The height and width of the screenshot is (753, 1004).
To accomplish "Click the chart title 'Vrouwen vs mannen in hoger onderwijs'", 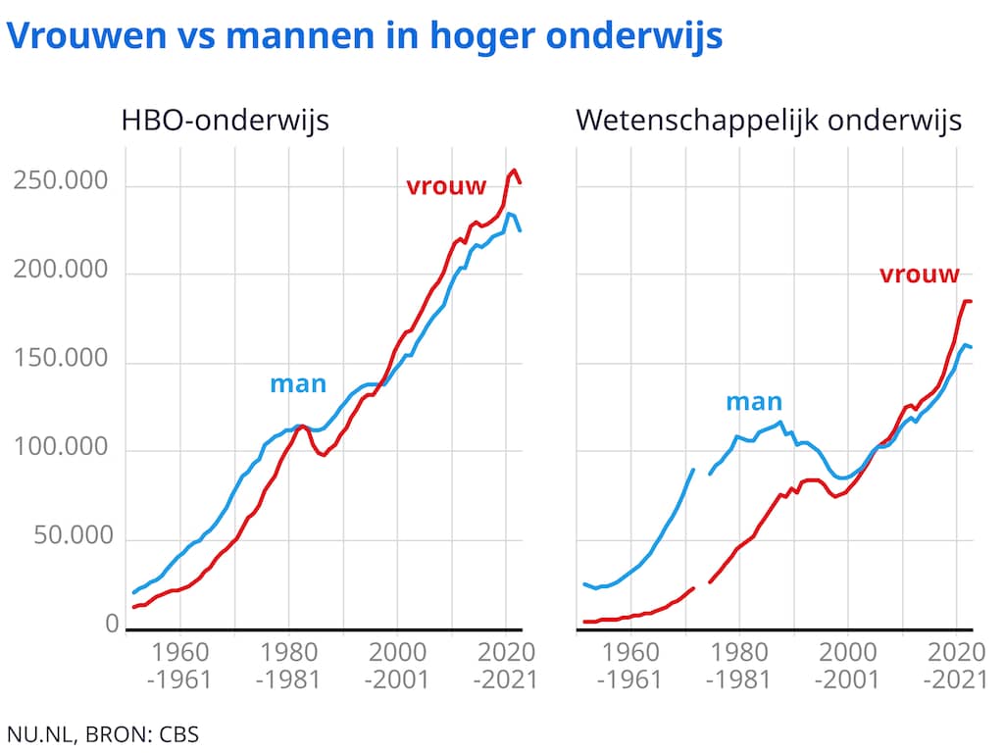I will pyautogui.click(x=365, y=36).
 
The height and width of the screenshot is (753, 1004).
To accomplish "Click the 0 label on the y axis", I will pyautogui.click(x=112, y=624).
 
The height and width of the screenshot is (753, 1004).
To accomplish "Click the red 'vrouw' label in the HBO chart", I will pyautogui.click(x=446, y=185).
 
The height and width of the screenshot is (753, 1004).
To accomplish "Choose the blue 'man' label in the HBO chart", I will pyautogui.click(x=298, y=383).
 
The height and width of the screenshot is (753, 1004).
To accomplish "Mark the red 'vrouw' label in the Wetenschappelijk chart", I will pyautogui.click(x=920, y=275).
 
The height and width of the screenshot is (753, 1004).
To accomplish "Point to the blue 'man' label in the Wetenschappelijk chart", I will pyautogui.click(x=754, y=401).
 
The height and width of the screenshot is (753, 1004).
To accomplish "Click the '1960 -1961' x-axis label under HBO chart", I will pyautogui.click(x=181, y=665).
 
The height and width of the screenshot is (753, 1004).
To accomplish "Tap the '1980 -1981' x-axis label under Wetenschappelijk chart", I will pyautogui.click(x=739, y=665).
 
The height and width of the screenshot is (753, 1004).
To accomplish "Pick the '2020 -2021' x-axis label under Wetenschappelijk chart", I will pyautogui.click(x=957, y=665).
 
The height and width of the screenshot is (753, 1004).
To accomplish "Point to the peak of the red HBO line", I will pyautogui.click(x=515, y=171).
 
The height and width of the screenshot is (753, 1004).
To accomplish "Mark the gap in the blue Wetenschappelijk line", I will pyautogui.click(x=702, y=472).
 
